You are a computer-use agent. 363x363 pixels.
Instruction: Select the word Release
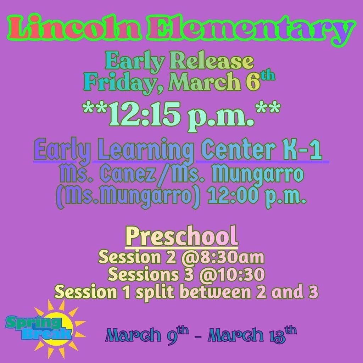click(212, 62)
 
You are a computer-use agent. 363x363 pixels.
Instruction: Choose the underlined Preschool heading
click(181, 236)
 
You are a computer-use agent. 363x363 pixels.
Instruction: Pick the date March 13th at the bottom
click(251, 334)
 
